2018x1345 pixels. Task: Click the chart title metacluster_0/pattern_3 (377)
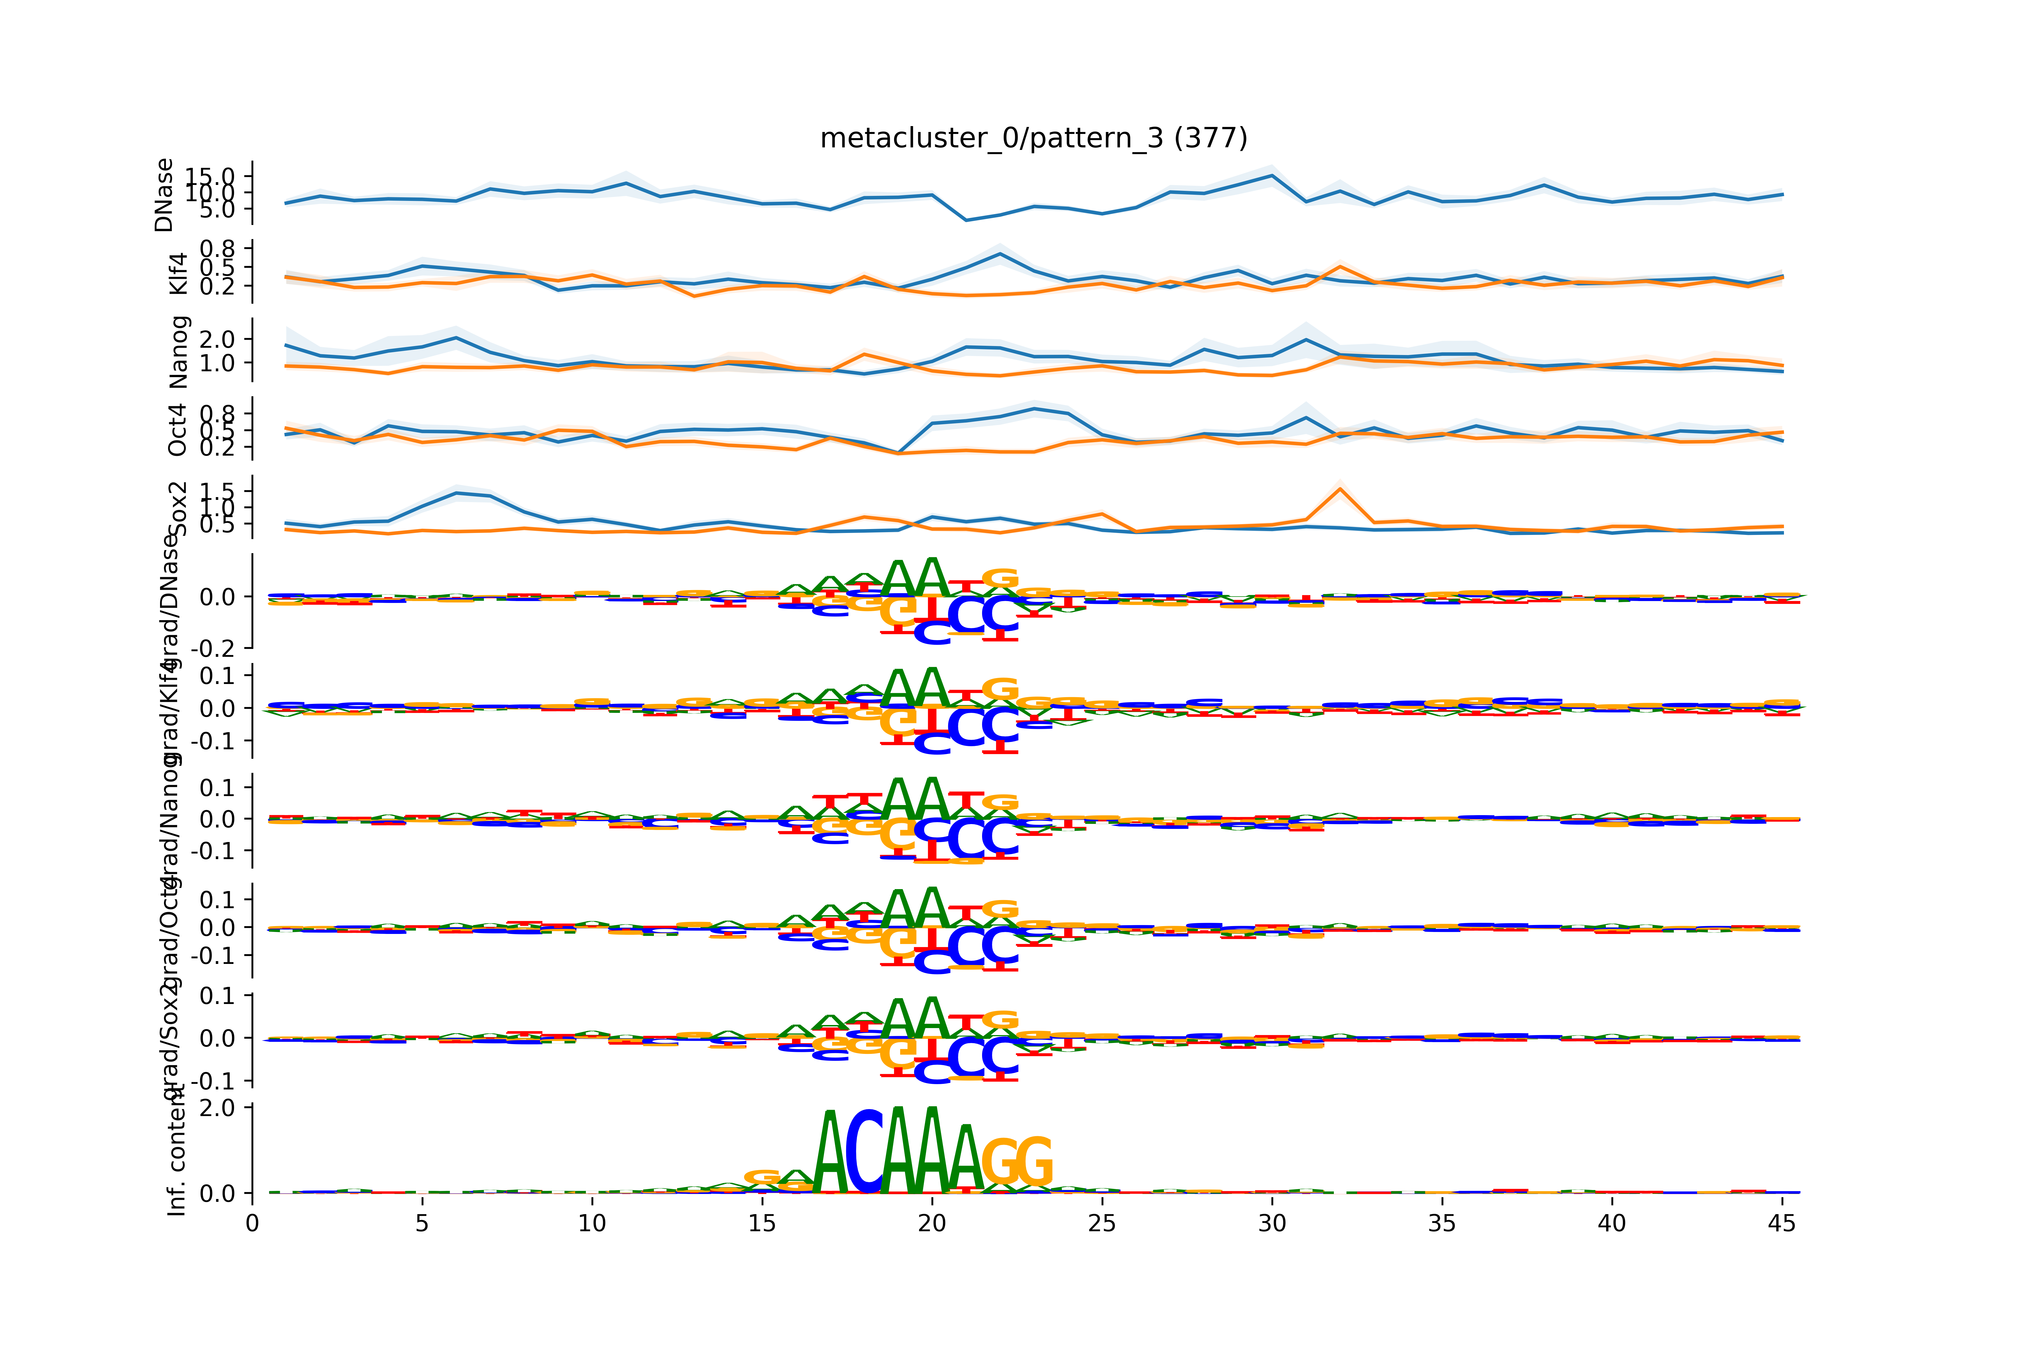[x=1033, y=138]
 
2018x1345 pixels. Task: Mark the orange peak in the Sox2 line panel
[x=1339, y=489]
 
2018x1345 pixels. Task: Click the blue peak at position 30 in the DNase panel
[x=1272, y=176]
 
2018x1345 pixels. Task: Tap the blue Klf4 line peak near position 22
[x=999, y=254]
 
